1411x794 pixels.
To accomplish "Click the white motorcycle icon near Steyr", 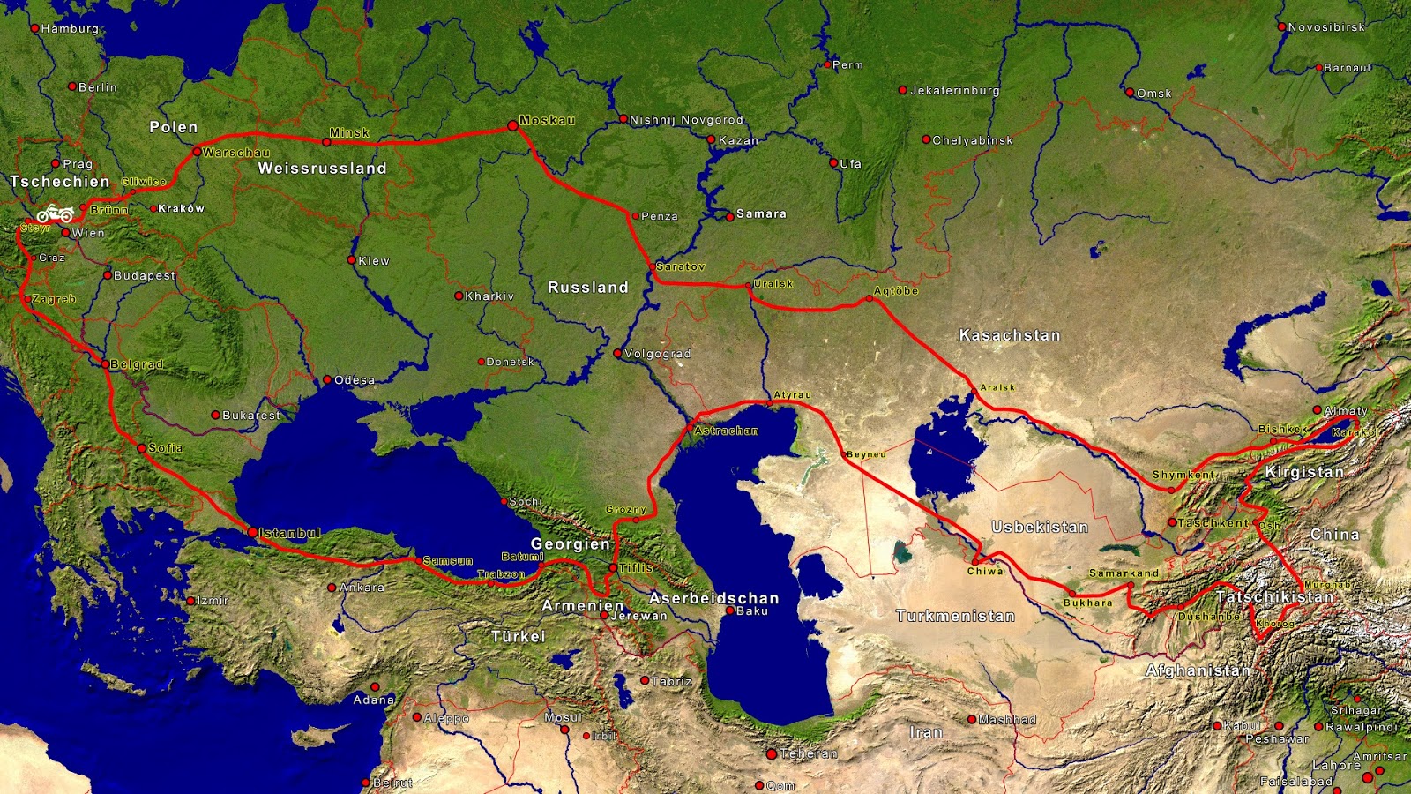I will (55, 213).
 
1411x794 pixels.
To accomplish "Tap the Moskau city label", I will (547, 120).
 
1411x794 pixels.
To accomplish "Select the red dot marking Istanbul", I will (252, 532).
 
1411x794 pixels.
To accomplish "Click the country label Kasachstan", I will (1010, 335).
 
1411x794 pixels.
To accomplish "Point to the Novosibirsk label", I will (1326, 27).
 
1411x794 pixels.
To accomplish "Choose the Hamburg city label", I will (71, 28).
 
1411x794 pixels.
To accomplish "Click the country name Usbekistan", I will (1040, 527).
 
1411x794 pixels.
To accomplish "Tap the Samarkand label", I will (1124, 573).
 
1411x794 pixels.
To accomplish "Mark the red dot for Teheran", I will (772, 754).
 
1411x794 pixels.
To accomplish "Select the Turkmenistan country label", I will (955, 616).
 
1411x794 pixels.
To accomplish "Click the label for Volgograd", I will (658, 354).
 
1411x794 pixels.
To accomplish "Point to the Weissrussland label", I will (322, 169).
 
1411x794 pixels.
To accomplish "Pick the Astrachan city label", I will (726, 431).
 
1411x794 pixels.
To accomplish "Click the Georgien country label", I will (570, 544).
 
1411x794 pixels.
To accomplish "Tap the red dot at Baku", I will (730, 610).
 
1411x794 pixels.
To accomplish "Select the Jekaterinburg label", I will (955, 90).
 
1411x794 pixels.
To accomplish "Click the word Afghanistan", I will (1198, 670).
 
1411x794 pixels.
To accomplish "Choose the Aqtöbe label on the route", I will (896, 291).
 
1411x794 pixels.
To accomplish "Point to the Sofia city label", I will (165, 448).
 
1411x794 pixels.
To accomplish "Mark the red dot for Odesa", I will (327, 380).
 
